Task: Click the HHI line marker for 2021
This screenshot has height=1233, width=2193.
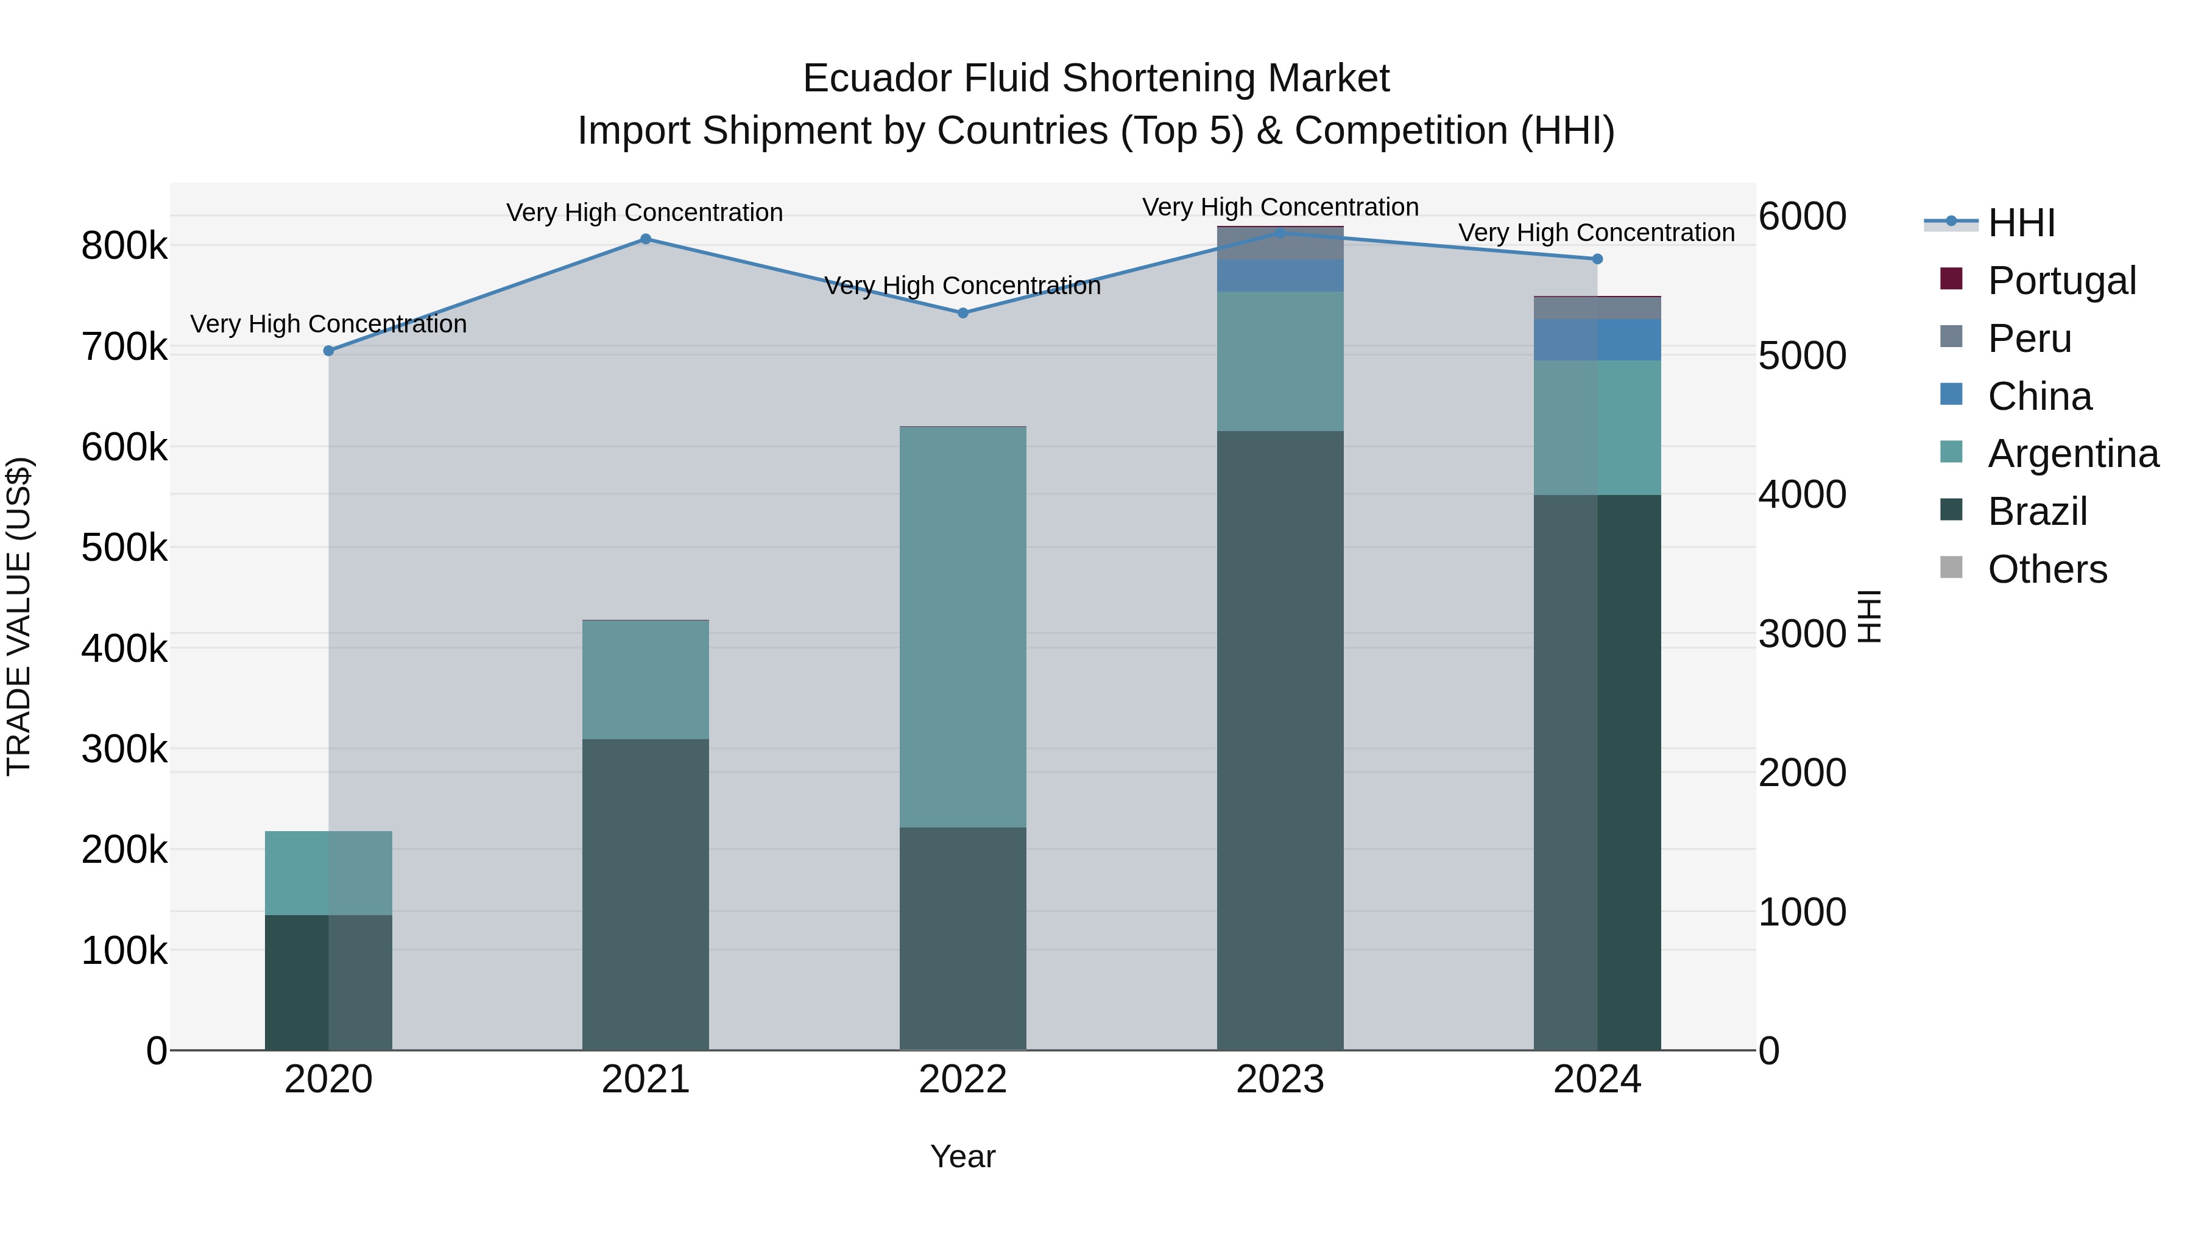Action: (645, 239)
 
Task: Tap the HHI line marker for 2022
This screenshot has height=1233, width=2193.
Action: (963, 313)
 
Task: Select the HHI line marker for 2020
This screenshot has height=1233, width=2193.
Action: (328, 351)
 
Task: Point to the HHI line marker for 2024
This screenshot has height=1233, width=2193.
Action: (1597, 259)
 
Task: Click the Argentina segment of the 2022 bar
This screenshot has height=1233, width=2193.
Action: (963, 627)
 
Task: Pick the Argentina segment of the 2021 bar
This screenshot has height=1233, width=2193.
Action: (645, 680)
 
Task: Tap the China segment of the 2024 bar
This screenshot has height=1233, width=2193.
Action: (1597, 340)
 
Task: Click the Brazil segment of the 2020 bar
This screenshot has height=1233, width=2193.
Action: (328, 982)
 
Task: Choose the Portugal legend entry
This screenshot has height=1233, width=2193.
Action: (2061, 281)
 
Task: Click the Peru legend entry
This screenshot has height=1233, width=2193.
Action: (2029, 339)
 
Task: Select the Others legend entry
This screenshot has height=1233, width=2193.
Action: (2047, 569)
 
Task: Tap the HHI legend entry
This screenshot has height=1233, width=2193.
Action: (2021, 223)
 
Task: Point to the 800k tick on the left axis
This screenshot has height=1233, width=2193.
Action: (124, 247)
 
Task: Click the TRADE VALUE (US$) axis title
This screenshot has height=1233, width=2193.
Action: (19, 616)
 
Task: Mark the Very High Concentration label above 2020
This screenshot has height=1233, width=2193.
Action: (328, 324)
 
